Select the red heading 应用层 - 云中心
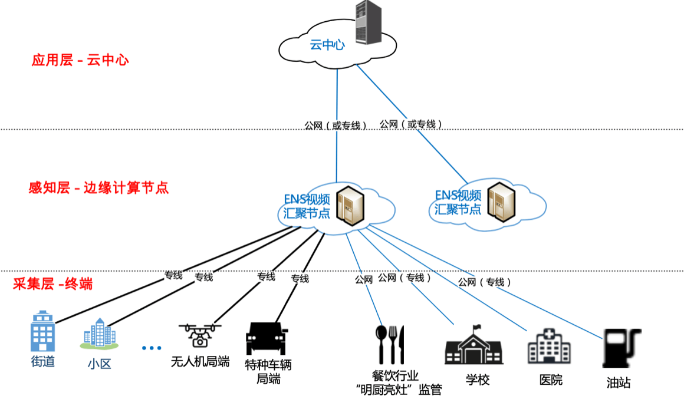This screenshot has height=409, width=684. [80, 60]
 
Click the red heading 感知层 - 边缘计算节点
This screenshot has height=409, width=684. [98, 188]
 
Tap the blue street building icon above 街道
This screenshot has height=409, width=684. [42, 332]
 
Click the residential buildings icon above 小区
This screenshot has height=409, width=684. [98, 335]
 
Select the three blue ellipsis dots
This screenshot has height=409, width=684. [152, 348]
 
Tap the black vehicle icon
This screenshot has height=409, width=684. [267, 338]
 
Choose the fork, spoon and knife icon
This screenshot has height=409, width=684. [390, 344]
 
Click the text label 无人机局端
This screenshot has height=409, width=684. [200, 361]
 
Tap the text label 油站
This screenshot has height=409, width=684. [619, 382]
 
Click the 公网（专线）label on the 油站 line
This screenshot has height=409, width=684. [484, 282]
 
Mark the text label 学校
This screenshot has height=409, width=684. [478, 380]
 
